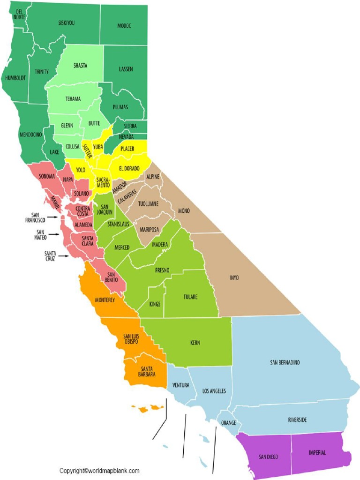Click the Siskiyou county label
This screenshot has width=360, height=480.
click(66, 22)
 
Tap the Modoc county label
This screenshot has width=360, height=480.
click(124, 26)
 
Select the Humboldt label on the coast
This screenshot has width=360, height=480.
click(15, 78)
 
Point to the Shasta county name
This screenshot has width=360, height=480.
click(80, 66)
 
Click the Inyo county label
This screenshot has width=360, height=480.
click(234, 277)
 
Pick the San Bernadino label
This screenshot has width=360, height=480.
click(285, 362)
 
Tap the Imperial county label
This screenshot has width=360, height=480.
click(317, 452)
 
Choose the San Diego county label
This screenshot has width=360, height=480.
click(267, 457)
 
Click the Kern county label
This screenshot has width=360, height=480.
click(195, 343)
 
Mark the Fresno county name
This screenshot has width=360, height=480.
click(162, 270)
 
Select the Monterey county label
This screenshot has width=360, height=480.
click(105, 300)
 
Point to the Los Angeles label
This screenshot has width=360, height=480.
click(214, 391)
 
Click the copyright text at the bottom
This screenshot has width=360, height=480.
click(99, 471)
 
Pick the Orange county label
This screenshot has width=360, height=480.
click(229, 422)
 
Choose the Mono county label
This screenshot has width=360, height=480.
click(184, 211)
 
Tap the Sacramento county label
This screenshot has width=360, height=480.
click(103, 182)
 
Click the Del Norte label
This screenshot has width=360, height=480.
click(19, 14)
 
